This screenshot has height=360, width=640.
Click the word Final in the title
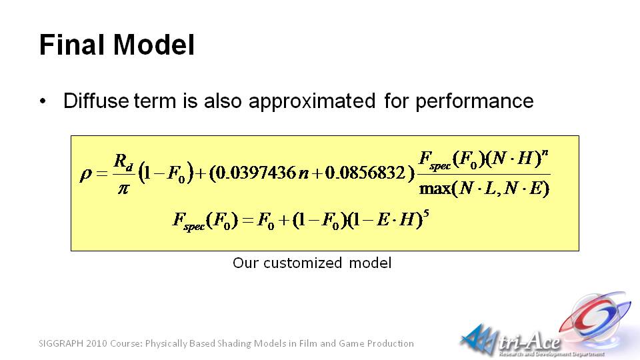coord(73,44)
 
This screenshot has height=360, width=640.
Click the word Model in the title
coord(154,44)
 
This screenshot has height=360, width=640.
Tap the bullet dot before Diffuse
coord(43,101)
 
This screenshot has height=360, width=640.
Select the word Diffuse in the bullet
coord(96,101)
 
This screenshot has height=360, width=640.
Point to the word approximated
coord(312,101)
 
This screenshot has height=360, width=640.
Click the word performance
coord(474,101)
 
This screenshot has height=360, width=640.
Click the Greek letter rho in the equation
coord(86,175)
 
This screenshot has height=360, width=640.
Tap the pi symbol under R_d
coord(123,189)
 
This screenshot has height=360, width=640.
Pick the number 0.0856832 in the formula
coord(365,173)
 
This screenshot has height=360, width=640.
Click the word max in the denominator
coord(435,189)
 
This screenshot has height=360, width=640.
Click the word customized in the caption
coord(303,263)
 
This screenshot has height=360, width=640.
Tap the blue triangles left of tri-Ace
coord(479,339)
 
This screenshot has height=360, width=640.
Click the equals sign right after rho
coord(101,174)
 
